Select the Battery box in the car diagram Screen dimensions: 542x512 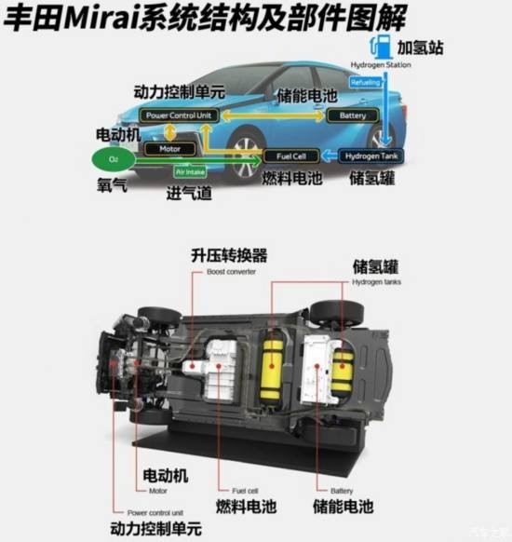[x=353, y=115]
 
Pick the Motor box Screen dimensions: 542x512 [x=169, y=148]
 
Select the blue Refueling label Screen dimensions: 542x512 [x=363, y=83]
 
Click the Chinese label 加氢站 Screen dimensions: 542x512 [x=419, y=47]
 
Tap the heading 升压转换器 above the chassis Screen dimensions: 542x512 [x=229, y=255]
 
